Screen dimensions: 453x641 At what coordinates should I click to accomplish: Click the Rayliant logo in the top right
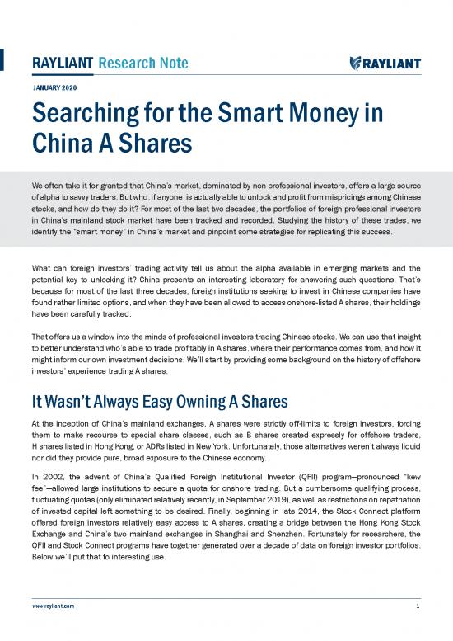pos(385,64)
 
